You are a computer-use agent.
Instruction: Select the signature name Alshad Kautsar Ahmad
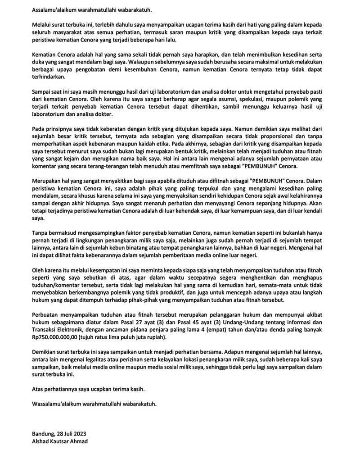[x=60, y=441]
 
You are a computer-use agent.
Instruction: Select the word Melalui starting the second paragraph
[x=42, y=23]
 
